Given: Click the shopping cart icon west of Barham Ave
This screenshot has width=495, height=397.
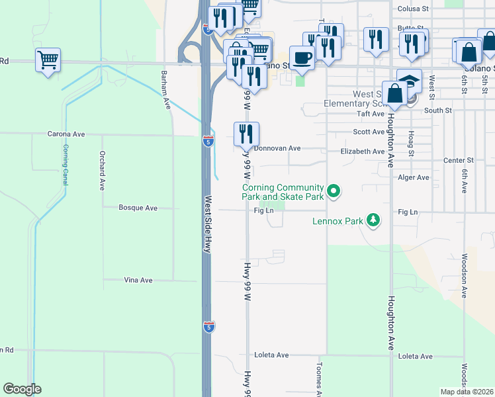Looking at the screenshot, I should click(48, 60).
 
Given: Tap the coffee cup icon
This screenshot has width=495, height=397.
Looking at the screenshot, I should click(302, 58).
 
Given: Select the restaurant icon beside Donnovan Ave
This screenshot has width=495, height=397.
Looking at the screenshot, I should click(246, 134).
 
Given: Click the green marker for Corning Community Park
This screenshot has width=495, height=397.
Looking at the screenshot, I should click(334, 192).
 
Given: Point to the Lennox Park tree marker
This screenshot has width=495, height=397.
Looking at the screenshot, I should click(374, 220).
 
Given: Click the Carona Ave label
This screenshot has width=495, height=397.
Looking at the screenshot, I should click(66, 134).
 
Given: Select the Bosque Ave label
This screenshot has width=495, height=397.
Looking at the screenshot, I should click(138, 208).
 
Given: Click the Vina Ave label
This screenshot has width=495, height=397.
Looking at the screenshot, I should click(138, 281).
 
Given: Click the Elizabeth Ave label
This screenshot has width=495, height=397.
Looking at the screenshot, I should click(362, 152).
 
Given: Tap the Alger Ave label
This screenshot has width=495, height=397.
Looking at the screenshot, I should click(414, 177).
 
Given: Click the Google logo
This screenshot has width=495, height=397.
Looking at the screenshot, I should click(22, 389).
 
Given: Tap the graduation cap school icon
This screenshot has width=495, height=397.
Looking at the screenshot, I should click(410, 81).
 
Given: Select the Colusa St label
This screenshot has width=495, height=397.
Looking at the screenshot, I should click(414, 9).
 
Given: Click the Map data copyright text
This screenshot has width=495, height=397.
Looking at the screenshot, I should click(467, 392).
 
